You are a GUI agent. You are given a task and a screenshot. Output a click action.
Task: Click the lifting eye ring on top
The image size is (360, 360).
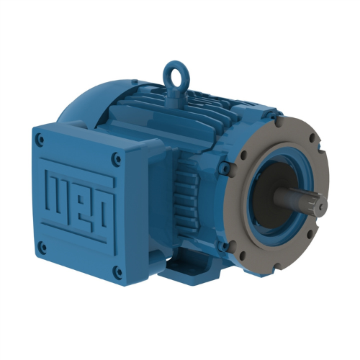tap(174, 73)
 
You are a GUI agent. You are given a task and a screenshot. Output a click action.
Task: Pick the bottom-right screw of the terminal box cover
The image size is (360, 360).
tap(117, 272)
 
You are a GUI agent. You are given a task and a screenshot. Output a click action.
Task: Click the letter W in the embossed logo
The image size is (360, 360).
tap(56, 188)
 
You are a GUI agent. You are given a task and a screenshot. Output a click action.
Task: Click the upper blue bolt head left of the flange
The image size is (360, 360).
tap(225, 169)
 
